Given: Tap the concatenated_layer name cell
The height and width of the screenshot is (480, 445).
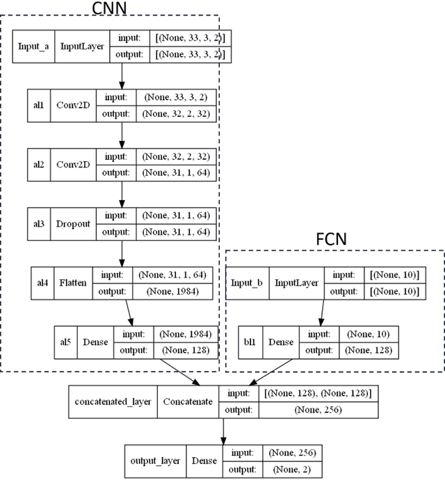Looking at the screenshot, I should [x=114, y=402].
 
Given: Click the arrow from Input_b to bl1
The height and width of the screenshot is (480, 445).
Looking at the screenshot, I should [x=320, y=313].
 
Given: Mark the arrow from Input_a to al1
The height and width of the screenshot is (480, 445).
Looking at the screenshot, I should [x=122, y=75].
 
